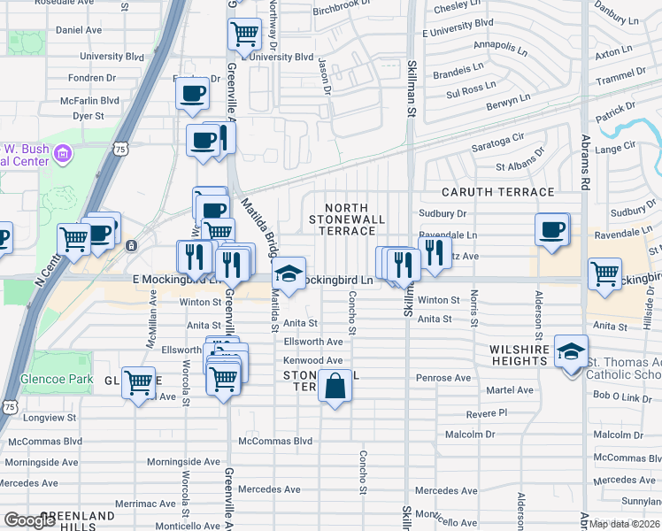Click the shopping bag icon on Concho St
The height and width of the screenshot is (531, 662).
tap(335, 387)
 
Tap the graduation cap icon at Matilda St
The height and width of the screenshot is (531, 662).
tap(289, 273)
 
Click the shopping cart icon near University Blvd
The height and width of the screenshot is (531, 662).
tap(244, 35)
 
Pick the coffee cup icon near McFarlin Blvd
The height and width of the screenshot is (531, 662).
tap(192, 93)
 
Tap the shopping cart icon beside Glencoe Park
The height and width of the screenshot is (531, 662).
tap(138, 383)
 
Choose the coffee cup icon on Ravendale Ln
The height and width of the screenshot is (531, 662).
tap(551, 230)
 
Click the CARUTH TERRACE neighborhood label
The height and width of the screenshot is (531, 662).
tap(498, 192)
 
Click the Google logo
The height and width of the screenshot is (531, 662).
tap(30, 520)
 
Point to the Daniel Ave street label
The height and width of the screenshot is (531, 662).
tap(79, 29)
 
